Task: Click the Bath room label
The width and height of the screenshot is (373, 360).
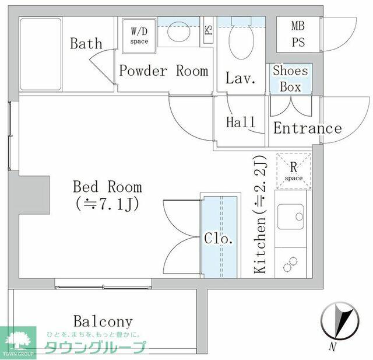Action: (86, 43)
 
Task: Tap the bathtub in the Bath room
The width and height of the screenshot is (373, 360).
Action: (41, 54)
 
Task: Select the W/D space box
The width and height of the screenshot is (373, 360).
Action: (139, 36)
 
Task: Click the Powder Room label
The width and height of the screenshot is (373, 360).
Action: (164, 71)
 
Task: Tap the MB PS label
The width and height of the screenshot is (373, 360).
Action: (298, 34)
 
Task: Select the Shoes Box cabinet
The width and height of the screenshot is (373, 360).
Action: (290, 79)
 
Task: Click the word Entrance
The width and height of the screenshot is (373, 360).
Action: (307, 128)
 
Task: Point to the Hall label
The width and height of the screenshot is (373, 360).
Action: (241, 122)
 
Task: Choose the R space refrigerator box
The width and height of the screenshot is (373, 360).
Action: (294, 171)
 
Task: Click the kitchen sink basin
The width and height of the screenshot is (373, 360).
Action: (291, 216)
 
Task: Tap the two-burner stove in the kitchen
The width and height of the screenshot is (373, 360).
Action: (290, 264)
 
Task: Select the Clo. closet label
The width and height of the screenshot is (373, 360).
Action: (219, 238)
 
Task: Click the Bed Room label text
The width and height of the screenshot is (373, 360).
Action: (107, 187)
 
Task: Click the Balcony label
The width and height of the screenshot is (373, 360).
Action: (103, 321)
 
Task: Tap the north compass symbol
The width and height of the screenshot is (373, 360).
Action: (339, 321)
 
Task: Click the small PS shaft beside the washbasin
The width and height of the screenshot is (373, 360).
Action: (209, 30)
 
